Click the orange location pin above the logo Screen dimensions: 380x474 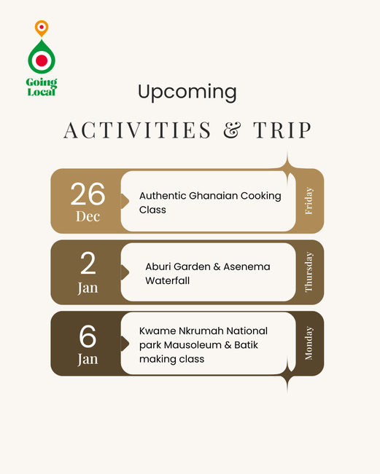[42, 28]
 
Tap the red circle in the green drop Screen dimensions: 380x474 [42, 60]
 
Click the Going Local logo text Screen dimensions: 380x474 [42, 87]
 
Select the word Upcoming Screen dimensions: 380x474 [187, 92]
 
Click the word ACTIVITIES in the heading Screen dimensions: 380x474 [137, 130]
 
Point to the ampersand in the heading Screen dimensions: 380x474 [232, 130]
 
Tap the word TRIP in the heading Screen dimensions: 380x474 [282, 130]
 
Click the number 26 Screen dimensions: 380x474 [88, 194]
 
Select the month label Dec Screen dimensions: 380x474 [88, 216]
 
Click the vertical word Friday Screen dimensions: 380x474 [309, 201]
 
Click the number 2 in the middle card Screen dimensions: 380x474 [88, 264]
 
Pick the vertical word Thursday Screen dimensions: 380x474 [309, 272]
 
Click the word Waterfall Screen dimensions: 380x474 [168, 280]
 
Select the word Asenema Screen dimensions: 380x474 [247, 266]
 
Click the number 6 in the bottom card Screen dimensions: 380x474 [88, 336]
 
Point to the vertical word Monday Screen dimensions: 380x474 [309, 343]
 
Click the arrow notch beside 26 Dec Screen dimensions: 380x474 [125, 201]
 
